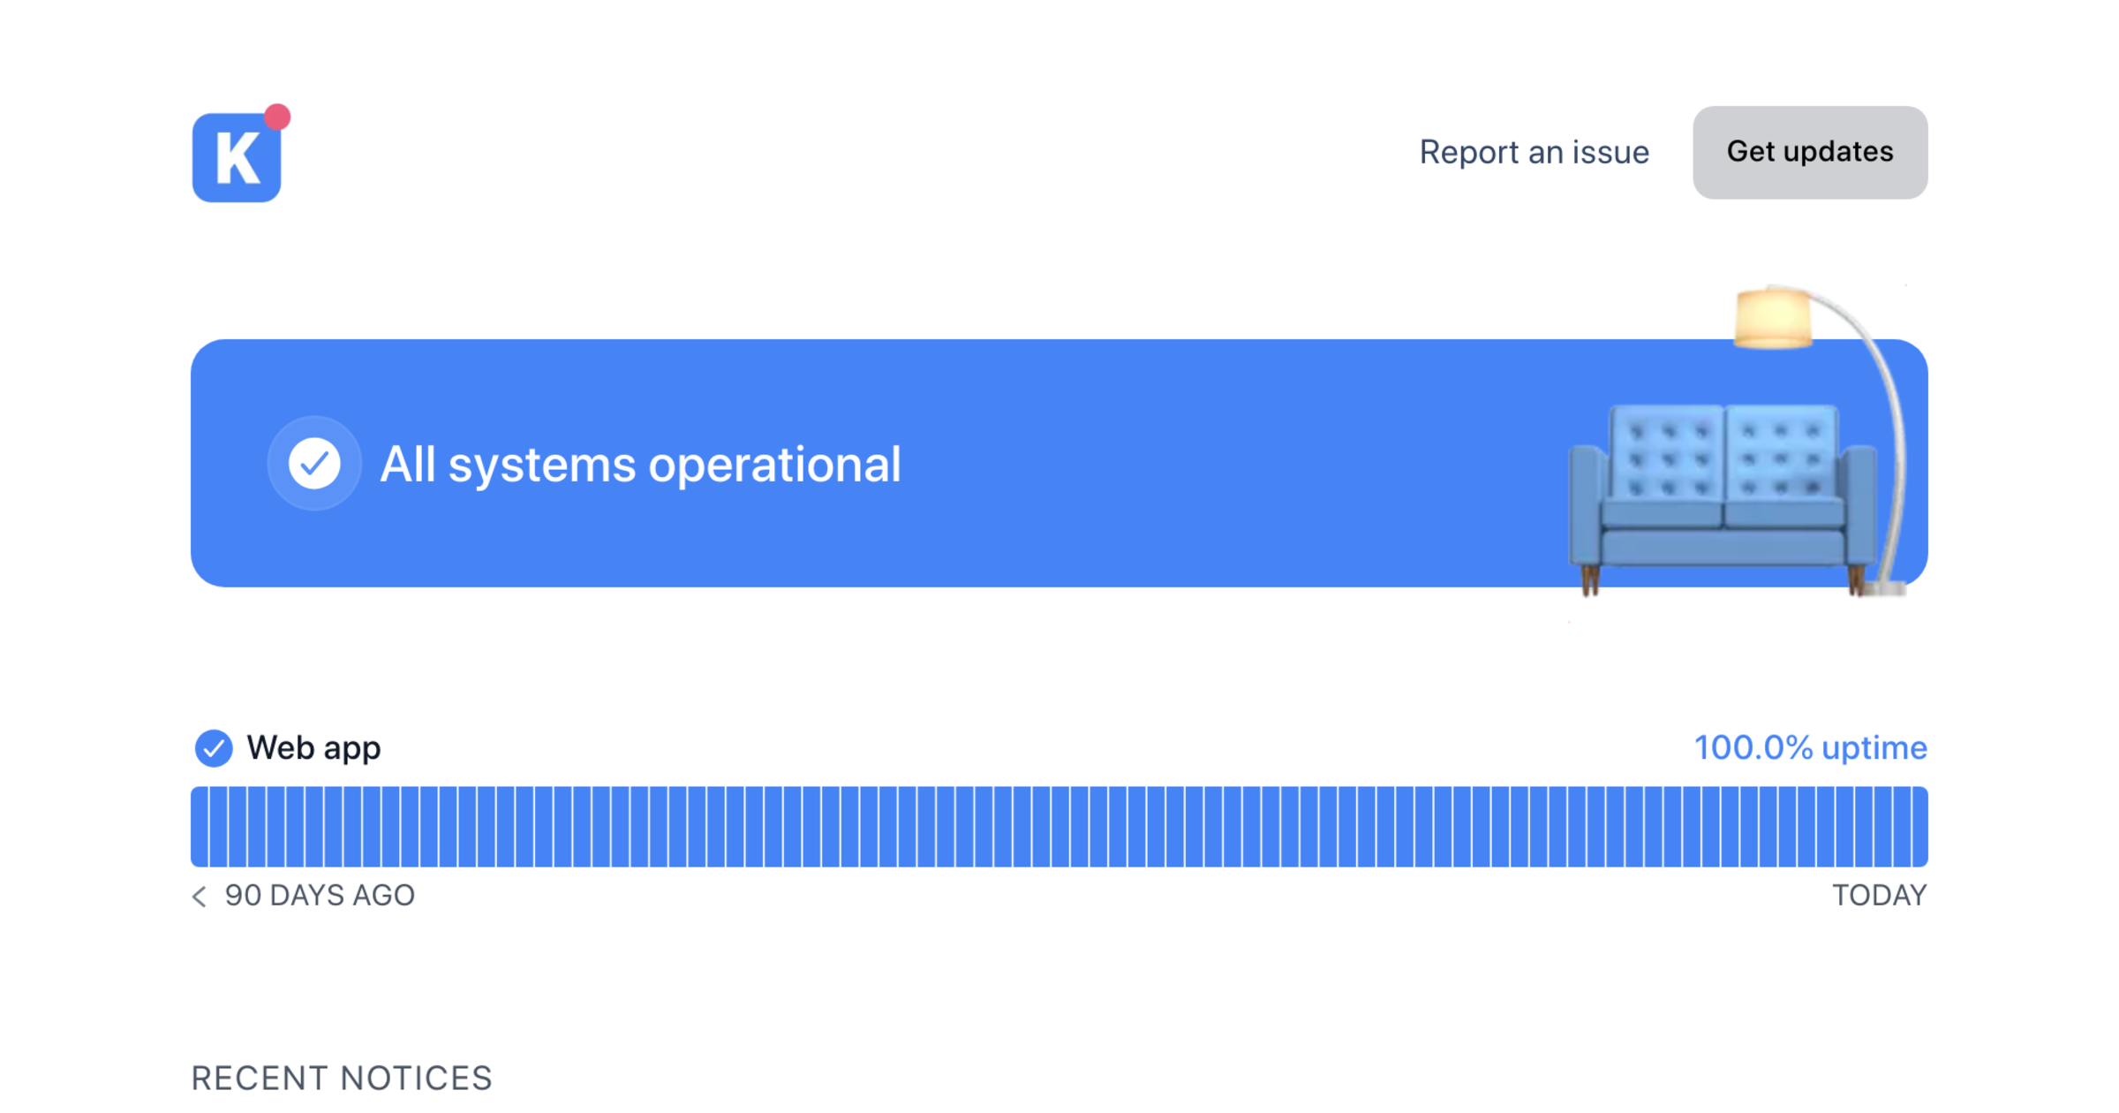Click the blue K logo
237,157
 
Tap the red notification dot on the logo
277,117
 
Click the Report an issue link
1534,152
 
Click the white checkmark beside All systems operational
314,463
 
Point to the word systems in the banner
541,466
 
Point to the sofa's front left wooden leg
1590,580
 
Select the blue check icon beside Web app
213,748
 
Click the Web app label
313,748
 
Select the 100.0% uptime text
1810,747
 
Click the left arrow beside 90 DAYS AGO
200,897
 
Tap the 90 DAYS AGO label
320,896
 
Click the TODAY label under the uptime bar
1880,896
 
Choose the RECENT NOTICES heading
342,1079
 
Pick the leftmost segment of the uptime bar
200,827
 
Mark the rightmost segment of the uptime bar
1919,827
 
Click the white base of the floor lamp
1888,587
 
